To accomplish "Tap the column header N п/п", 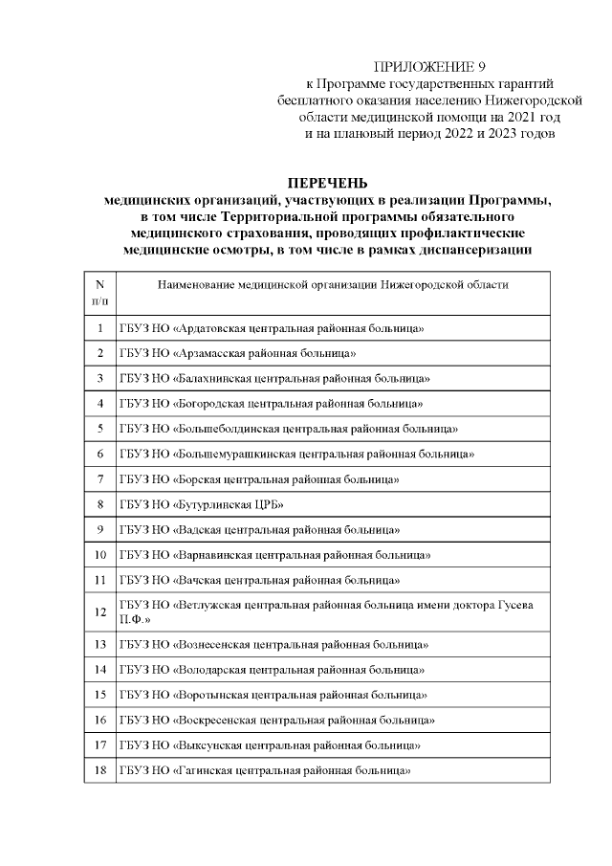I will point(99,292).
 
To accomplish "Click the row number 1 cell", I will point(99,328).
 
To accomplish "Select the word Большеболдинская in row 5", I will point(222,428).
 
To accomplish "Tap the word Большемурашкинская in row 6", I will point(229,453).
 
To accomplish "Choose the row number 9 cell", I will point(99,528).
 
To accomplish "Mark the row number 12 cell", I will point(99,611).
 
